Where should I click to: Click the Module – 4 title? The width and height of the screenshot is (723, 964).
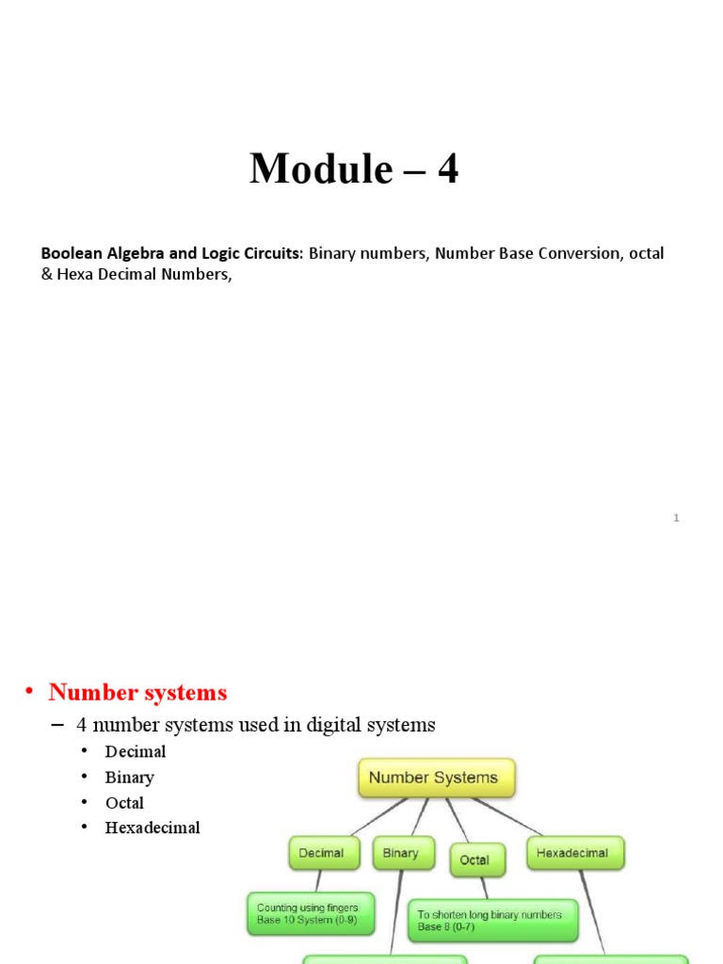click(x=354, y=169)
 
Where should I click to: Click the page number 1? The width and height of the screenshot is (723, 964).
click(x=676, y=518)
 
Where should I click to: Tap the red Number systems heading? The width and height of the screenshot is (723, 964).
click(x=137, y=693)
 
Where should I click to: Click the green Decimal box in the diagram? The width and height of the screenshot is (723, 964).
click(x=321, y=854)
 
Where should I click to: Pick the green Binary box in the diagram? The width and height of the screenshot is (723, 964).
click(x=400, y=854)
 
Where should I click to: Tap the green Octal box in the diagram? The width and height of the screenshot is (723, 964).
click(x=476, y=860)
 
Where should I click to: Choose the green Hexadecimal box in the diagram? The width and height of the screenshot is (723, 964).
click(x=572, y=854)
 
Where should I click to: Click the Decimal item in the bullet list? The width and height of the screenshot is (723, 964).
click(x=136, y=751)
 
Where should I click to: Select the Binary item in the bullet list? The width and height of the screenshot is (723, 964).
click(x=130, y=778)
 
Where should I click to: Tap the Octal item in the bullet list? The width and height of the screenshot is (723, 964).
click(x=125, y=803)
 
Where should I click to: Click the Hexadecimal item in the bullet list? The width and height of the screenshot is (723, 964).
click(x=153, y=828)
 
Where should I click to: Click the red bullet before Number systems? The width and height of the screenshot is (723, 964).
click(x=29, y=692)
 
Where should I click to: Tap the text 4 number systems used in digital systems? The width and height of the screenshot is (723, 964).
click(x=255, y=725)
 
